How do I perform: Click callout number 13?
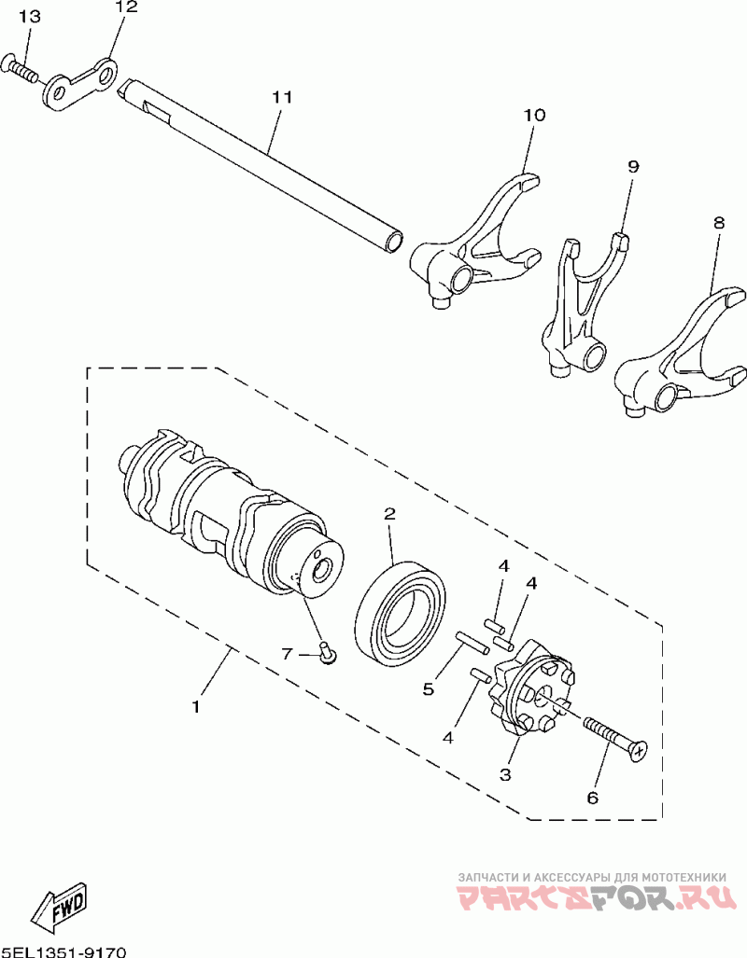[x=29, y=17]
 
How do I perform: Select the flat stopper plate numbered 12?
[x=80, y=85]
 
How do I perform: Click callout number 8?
[x=717, y=224]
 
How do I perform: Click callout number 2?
[x=389, y=514]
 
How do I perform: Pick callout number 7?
[x=289, y=654]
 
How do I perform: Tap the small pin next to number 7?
[x=328, y=653]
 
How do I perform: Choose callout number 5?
[x=429, y=689]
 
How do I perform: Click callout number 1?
[x=196, y=707]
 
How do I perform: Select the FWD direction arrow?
[x=58, y=906]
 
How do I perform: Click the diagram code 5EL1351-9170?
[x=63, y=951]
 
